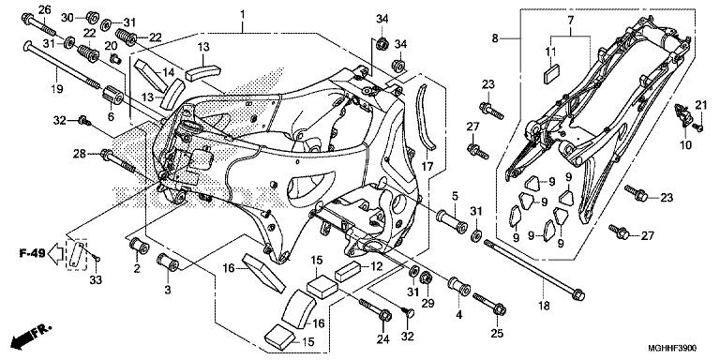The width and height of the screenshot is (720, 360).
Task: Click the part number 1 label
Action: tap(242, 15)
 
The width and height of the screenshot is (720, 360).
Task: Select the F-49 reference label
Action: tap(32, 252)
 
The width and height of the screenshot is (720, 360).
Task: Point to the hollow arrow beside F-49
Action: tap(56, 253)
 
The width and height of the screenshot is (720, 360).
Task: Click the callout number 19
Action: tap(57, 89)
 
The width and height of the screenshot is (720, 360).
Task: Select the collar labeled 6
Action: tap(112, 95)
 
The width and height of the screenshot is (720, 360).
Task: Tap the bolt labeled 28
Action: tap(117, 160)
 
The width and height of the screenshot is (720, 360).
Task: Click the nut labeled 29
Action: tap(426, 277)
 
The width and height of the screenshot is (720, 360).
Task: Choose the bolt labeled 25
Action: tap(489, 303)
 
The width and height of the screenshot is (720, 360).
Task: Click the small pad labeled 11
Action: tap(552, 74)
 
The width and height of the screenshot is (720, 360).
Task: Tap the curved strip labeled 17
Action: tap(427, 117)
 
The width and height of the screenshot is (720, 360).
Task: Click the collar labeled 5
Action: tap(452, 220)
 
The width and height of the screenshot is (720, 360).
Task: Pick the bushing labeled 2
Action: tap(138, 246)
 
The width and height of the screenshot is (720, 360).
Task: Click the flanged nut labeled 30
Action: tap(92, 17)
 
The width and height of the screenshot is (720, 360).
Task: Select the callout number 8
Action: tap(495, 38)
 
